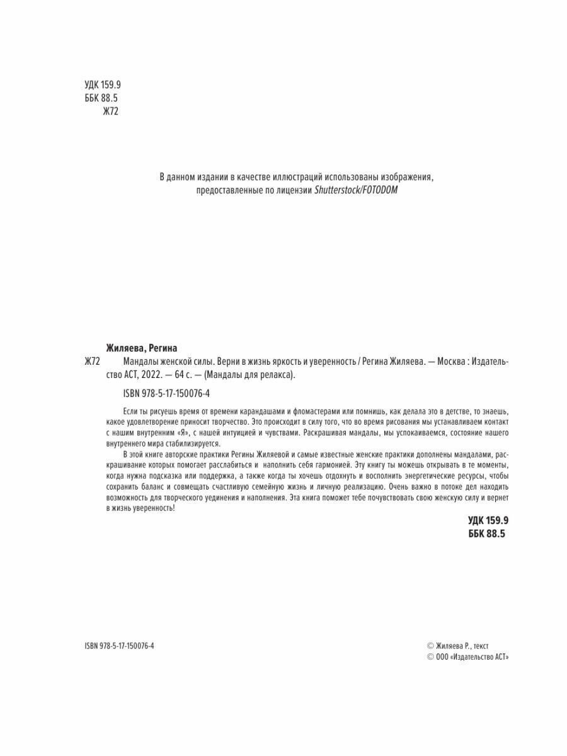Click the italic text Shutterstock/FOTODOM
tap(356, 190)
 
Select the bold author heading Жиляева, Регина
tap(142, 348)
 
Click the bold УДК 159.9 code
tap(487, 520)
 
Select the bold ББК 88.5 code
tap(487, 534)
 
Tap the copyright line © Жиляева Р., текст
tap(457, 646)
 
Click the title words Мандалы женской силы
tap(160, 362)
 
